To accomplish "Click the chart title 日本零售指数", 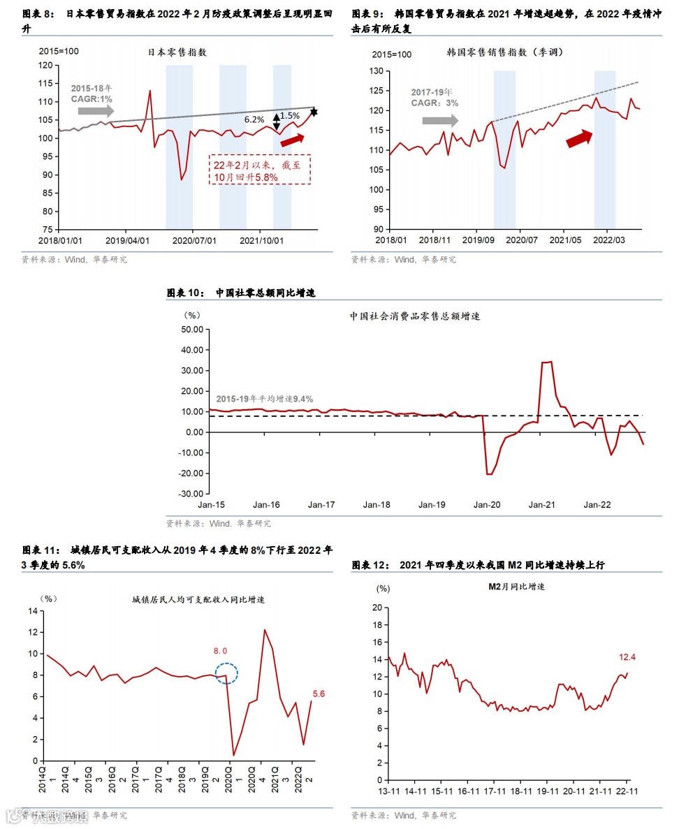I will click(177, 52).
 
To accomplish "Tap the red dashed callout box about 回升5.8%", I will click(260, 170).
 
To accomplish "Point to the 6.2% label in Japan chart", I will click(254, 119).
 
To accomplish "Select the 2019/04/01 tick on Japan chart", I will click(126, 240).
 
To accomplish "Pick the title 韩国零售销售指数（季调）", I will click(504, 52).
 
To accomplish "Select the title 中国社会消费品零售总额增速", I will click(415, 316).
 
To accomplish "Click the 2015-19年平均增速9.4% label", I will click(254, 398).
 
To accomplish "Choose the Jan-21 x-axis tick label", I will click(541, 504).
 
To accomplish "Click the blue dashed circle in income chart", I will click(227, 674).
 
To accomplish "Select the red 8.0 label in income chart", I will click(221, 651).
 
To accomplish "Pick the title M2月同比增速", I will click(516, 587).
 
